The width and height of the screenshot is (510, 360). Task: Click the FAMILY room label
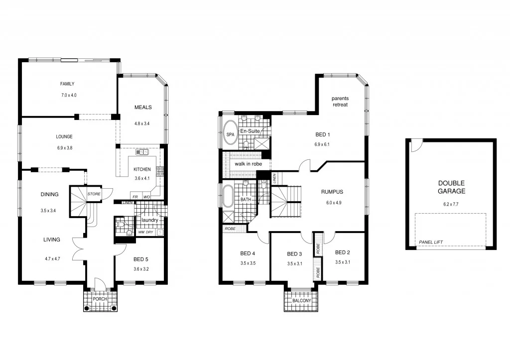pyautogui.click(x=67, y=84)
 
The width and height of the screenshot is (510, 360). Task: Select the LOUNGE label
pyautogui.click(x=64, y=136)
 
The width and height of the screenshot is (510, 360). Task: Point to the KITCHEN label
pyautogui.click(x=142, y=169)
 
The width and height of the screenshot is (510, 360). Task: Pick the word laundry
pyautogui.click(x=150, y=220)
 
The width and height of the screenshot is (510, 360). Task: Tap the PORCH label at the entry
pyautogui.click(x=100, y=299)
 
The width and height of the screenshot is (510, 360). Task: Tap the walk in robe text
pyautogui.click(x=248, y=163)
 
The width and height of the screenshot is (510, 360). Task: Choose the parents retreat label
pyautogui.click(x=340, y=102)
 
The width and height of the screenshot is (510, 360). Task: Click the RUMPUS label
pyautogui.click(x=332, y=192)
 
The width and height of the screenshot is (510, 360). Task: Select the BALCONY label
pyautogui.click(x=301, y=301)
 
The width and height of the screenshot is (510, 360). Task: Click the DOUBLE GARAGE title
pyautogui.click(x=451, y=187)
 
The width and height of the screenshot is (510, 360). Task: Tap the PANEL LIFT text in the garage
pyautogui.click(x=431, y=242)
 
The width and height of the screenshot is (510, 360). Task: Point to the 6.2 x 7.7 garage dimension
pyautogui.click(x=451, y=204)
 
